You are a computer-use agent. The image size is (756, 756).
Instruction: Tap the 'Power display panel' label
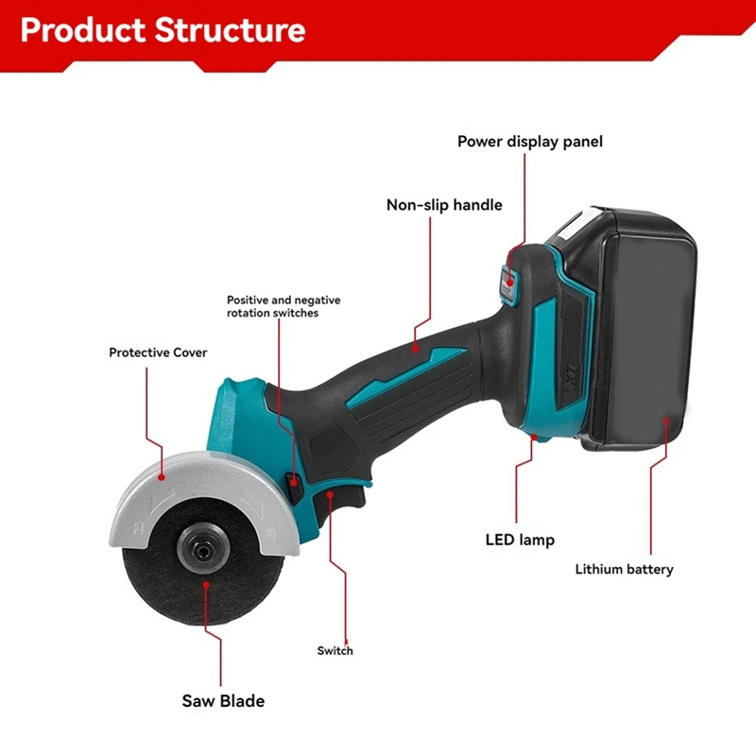[529, 142]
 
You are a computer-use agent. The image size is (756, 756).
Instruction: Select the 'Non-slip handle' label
[444, 205]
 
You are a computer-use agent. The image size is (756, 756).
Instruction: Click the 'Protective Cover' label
[158, 352]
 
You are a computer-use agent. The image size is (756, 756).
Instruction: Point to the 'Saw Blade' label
[223, 701]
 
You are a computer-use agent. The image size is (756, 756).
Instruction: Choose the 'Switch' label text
[335, 650]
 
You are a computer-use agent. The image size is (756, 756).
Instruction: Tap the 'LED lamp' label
[519, 541]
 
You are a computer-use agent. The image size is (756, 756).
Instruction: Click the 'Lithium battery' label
[625, 569]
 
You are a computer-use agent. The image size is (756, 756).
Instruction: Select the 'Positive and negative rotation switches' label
[283, 306]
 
